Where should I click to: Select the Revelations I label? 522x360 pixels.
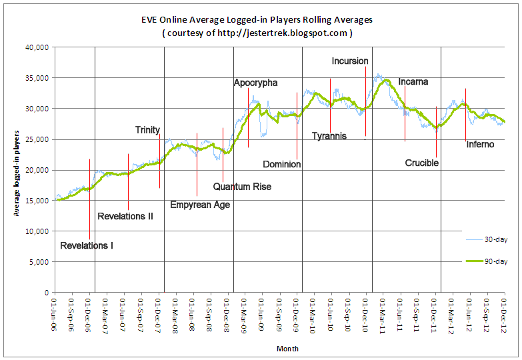point(87,246)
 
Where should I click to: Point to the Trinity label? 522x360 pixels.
point(147,130)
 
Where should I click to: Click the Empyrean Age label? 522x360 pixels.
point(200,205)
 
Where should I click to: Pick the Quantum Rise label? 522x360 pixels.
point(242,187)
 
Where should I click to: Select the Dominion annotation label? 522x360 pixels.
point(281,164)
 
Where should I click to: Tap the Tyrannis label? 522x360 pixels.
point(329,136)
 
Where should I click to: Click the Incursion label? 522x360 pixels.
point(350,61)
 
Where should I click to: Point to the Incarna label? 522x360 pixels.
point(413,82)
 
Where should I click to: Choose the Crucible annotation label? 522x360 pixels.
point(421,163)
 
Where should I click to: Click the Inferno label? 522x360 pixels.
point(480,144)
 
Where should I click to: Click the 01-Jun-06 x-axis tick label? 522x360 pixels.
point(54,313)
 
